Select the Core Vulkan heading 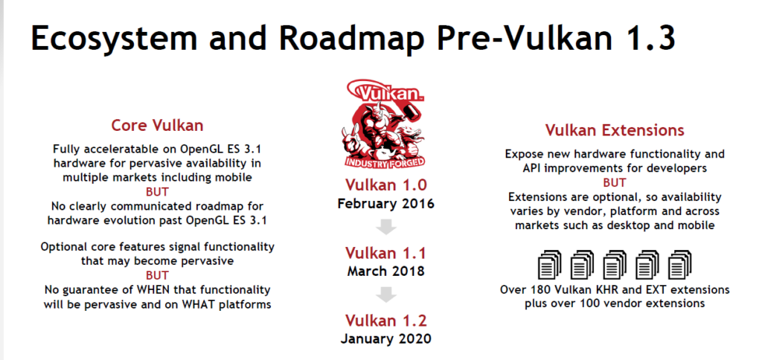(157, 126)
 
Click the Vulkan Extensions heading (614, 130)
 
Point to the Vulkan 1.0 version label (386, 185)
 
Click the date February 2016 (386, 204)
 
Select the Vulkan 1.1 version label (386, 253)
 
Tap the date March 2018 (386, 271)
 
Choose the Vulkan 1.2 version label (386, 321)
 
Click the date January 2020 (386, 338)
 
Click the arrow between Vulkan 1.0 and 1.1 (386, 227)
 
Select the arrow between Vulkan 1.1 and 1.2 (386, 295)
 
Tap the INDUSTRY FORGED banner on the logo (385, 162)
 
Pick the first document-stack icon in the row (549, 265)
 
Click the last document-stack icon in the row (680, 265)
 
